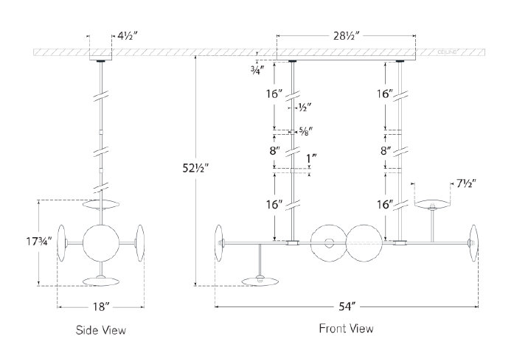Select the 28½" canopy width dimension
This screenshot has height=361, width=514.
(347, 34)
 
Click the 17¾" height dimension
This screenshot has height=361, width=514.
(27, 241)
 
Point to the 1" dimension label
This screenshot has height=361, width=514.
(311, 158)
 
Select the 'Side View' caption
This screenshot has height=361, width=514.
(101, 330)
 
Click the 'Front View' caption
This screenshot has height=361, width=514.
(346, 329)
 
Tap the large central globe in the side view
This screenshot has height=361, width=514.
(101, 242)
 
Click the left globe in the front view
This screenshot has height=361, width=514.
(329, 242)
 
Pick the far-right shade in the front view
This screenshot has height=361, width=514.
(473, 242)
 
